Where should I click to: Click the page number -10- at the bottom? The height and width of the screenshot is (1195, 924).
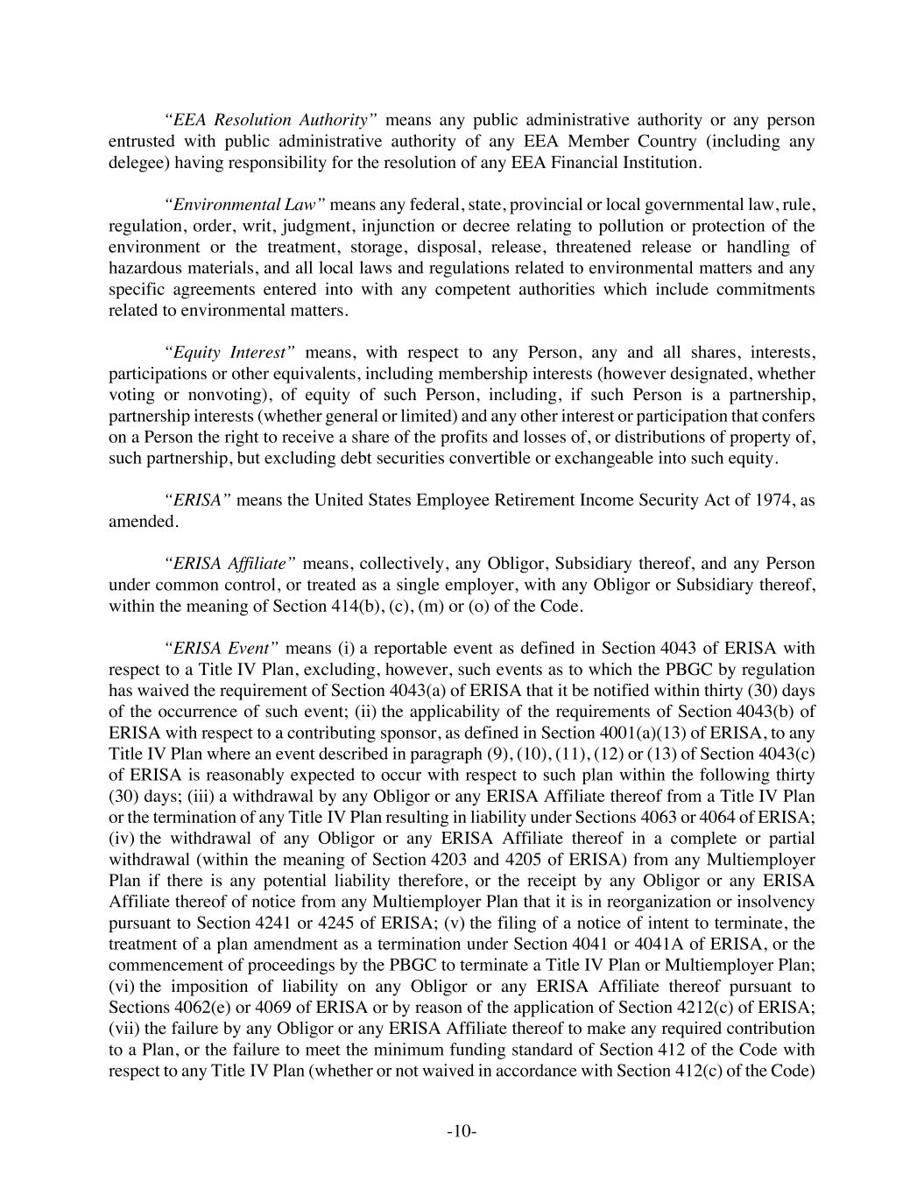462,1131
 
